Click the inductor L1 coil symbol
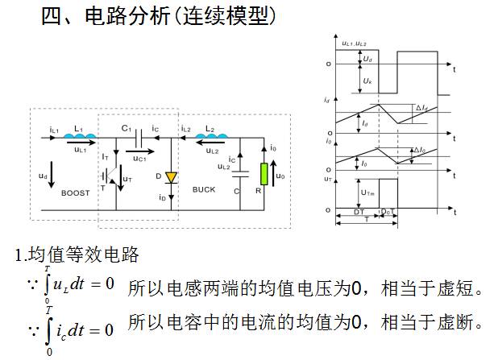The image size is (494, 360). click(78, 137)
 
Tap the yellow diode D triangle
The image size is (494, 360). click(171, 176)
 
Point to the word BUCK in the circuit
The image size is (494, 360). click(204, 189)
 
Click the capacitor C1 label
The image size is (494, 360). click(127, 127)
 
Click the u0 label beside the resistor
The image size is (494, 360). click(281, 175)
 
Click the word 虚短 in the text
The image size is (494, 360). click(455, 288)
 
